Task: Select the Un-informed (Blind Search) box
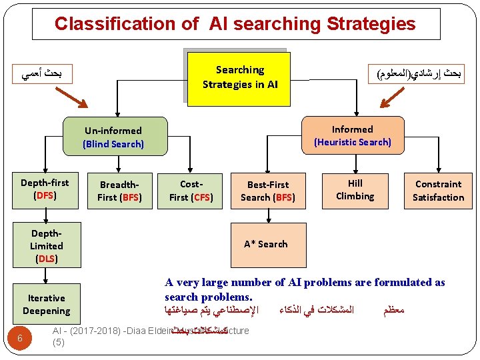(113, 137)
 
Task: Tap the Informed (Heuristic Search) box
(353, 135)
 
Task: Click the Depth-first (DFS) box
(45, 189)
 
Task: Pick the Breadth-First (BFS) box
(120, 191)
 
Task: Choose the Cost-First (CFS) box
(191, 191)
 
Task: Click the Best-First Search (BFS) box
(267, 191)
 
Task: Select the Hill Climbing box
(355, 190)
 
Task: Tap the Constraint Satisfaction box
(438, 191)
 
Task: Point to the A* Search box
(265, 244)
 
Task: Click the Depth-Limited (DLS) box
(47, 245)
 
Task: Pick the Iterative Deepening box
(47, 305)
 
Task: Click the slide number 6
(21, 338)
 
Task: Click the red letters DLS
(47, 259)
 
